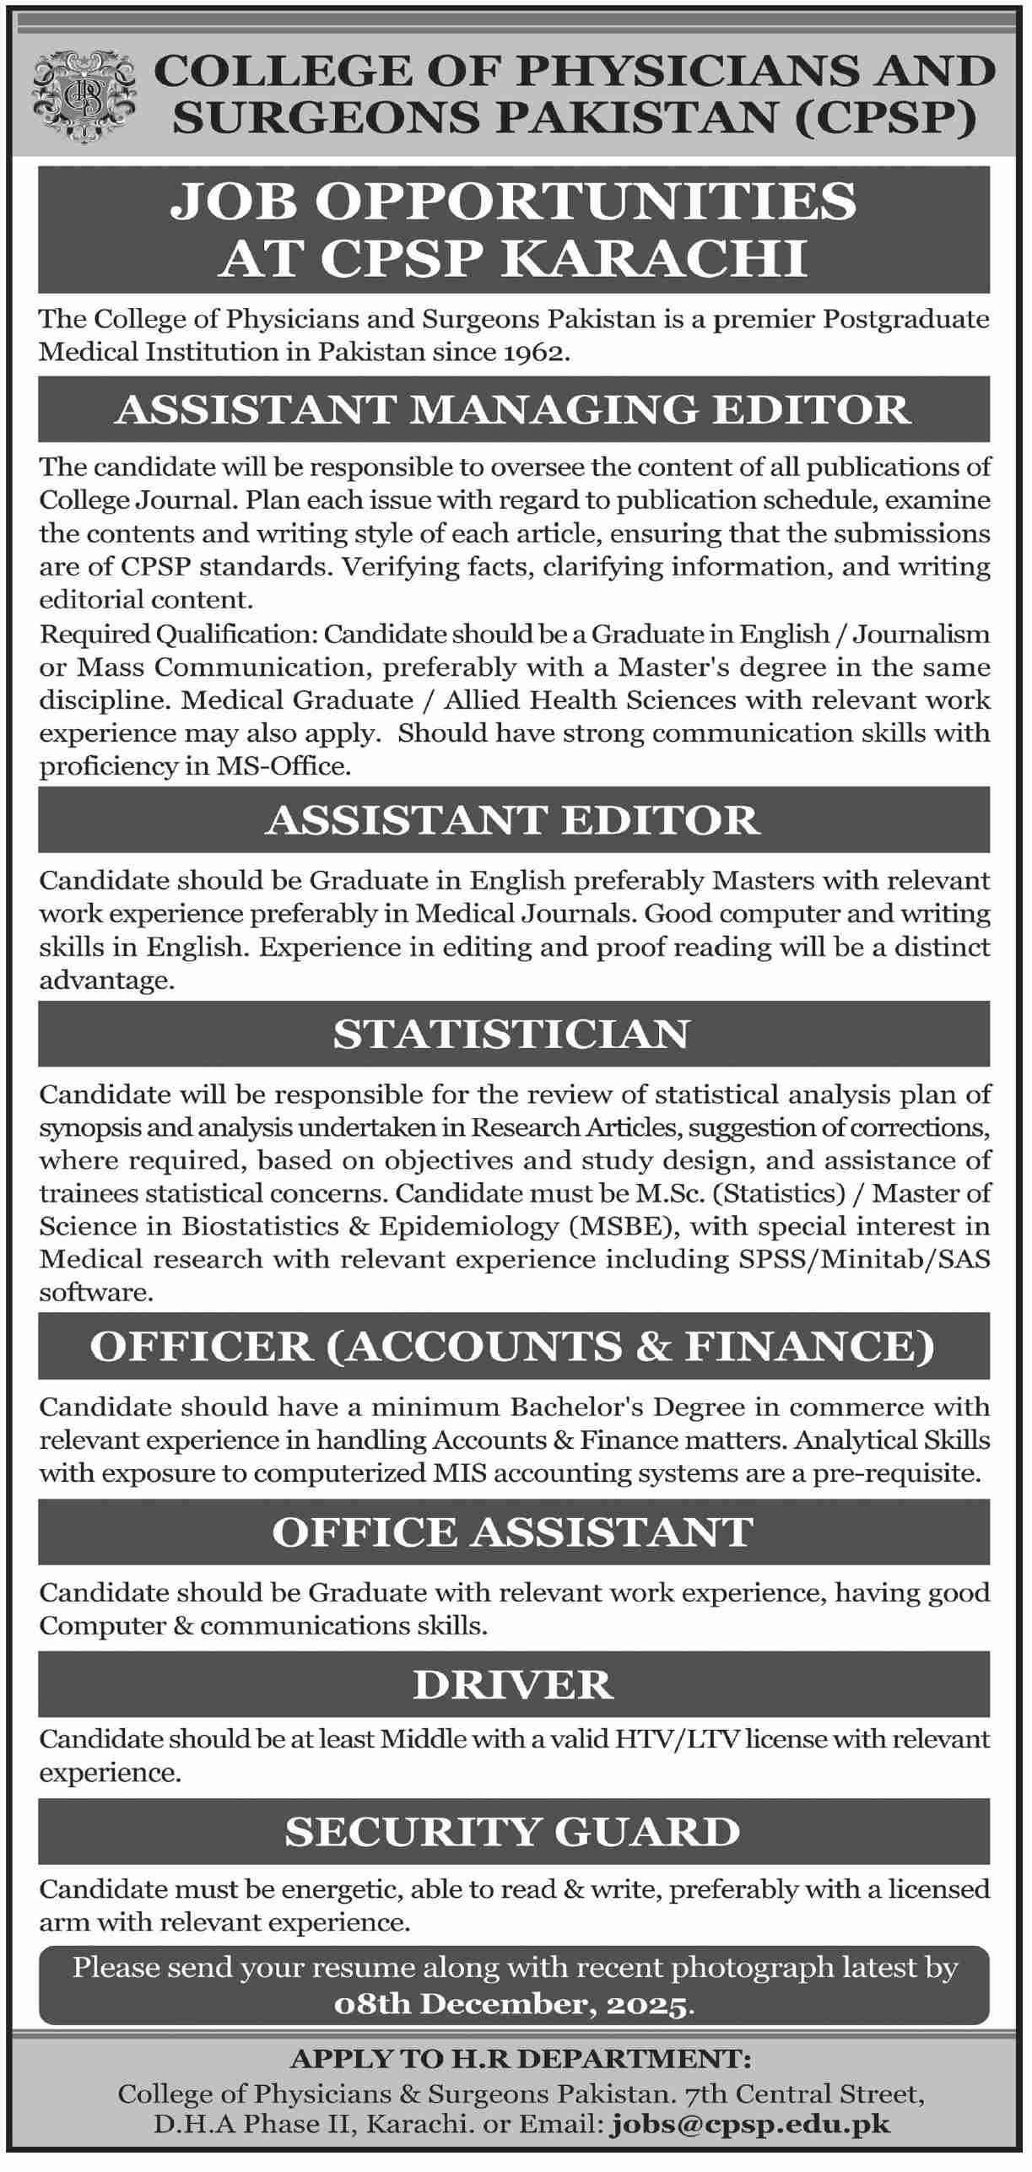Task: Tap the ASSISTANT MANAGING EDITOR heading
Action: (x=513, y=410)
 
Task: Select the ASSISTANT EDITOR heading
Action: (x=513, y=820)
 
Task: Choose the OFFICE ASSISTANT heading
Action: (x=513, y=1532)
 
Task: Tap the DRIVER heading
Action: (x=513, y=1684)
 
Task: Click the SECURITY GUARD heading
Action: (x=513, y=1831)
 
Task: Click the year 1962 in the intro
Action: (x=533, y=353)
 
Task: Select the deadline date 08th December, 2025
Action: (x=513, y=2005)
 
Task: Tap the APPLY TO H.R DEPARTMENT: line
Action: (x=520, y=2060)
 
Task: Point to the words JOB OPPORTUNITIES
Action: (x=513, y=202)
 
